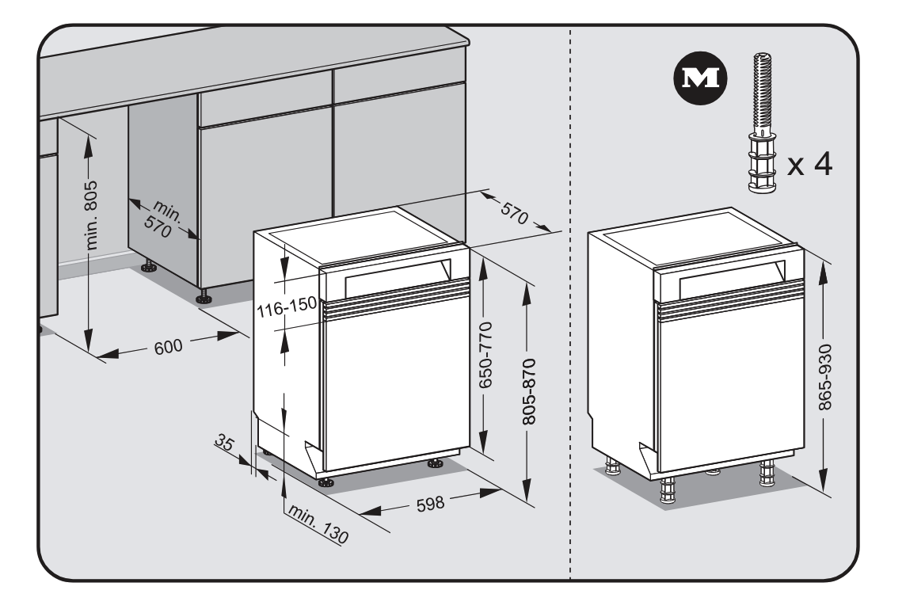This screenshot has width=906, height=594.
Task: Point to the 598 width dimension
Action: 432,502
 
